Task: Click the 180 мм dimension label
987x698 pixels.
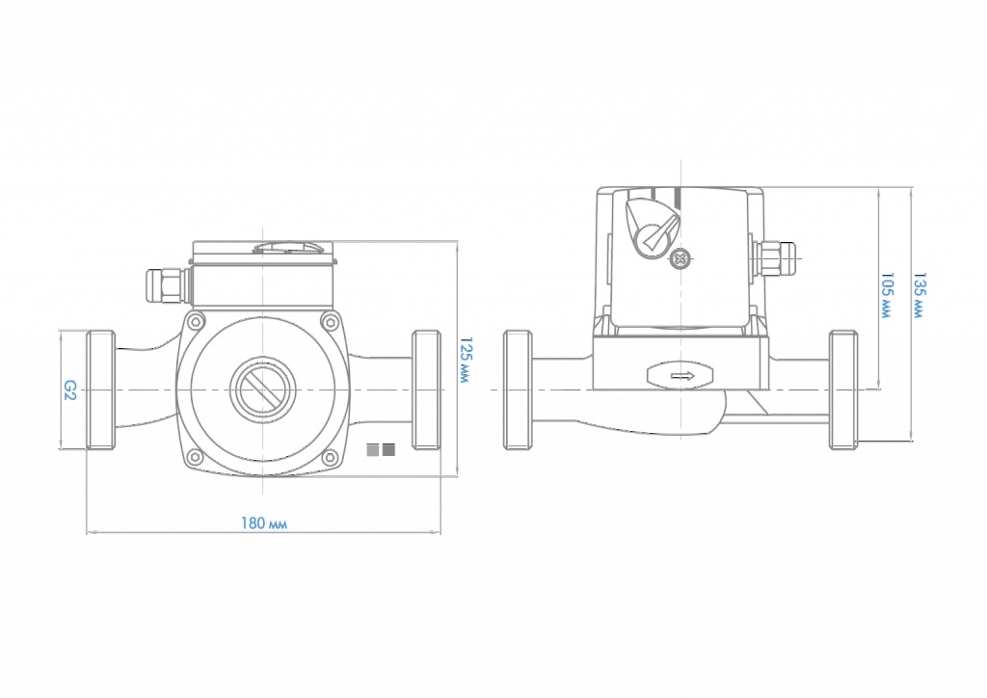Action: coord(264,523)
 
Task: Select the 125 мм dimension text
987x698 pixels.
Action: coord(466,360)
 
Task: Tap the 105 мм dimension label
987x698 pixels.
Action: coord(887,295)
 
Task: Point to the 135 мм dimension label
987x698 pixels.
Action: coord(920,295)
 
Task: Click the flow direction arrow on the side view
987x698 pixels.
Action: coord(681,376)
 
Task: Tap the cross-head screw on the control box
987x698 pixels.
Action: coord(680,258)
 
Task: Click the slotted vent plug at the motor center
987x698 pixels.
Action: coord(262,390)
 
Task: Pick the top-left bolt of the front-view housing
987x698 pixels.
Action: coord(196,322)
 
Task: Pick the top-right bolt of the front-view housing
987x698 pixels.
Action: coord(330,322)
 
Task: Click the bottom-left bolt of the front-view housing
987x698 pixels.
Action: coord(196,457)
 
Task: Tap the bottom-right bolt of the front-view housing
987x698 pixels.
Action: coord(330,457)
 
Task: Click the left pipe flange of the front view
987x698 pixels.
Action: coord(100,389)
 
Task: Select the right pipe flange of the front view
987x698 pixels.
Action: coord(426,389)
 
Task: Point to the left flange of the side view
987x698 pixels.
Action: coord(518,389)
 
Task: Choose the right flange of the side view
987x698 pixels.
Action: coord(843,389)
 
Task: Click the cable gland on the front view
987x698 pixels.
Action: coord(168,286)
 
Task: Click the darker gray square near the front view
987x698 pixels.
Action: coord(388,450)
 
